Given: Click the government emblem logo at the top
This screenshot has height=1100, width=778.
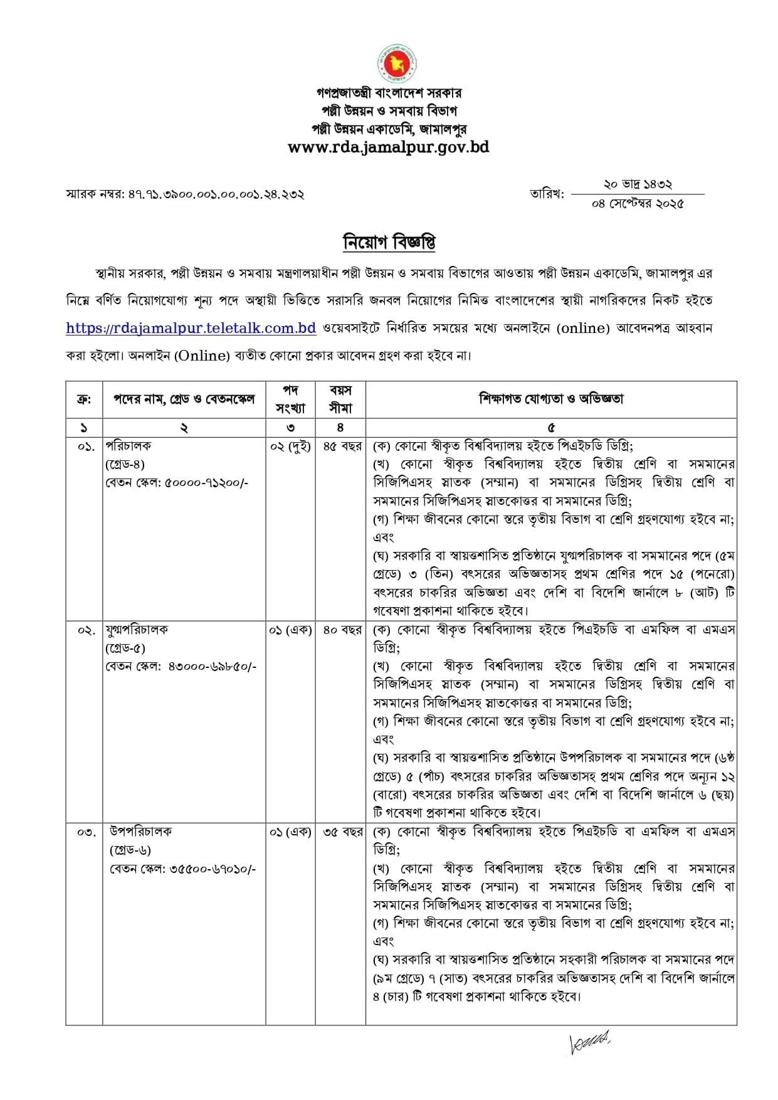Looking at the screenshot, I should click(397, 63).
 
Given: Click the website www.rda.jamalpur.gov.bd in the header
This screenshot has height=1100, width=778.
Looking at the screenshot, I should click(388, 147).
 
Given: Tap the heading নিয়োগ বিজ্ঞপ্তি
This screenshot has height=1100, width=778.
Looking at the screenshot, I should click(389, 242).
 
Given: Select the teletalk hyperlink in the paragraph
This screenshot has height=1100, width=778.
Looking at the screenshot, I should click(191, 328).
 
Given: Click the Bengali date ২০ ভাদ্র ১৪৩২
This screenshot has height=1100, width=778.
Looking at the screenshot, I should click(638, 184).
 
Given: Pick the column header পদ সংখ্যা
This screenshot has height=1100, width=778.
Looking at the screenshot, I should click(290, 399).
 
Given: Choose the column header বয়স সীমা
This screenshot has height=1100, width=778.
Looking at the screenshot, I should click(340, 399).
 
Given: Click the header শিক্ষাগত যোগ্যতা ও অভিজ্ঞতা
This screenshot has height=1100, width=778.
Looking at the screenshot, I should click(551, 398).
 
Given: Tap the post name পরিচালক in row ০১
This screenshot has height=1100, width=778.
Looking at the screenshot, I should click(129, 446).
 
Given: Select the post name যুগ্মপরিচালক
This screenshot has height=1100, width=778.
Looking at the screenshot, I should click(137, 630).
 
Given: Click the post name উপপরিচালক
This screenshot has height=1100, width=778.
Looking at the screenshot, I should click(140, 832).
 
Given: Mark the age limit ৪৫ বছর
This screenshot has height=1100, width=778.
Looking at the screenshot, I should click(342, 447).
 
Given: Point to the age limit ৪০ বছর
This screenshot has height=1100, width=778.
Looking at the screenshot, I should click(342, 630).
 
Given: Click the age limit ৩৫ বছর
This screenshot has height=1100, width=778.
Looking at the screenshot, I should click(342, 832).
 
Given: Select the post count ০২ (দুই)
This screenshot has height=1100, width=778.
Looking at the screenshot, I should click(290, 447).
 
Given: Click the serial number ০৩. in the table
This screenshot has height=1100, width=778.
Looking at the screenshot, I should click(87, 832).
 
